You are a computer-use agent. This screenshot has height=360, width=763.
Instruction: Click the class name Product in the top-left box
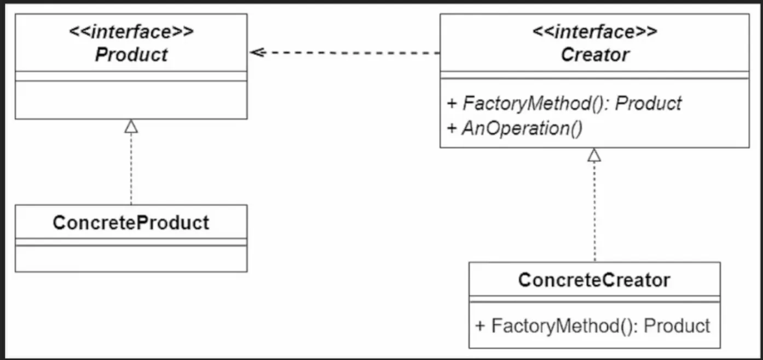(x=131, y=55)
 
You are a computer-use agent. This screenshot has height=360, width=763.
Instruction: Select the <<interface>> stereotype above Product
(x=131, y=32)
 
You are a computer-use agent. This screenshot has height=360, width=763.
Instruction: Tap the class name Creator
(x=595, y=55)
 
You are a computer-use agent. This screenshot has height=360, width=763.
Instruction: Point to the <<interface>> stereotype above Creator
(x=595, y=32)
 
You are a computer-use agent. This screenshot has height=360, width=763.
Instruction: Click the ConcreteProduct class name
(x=131, y=223)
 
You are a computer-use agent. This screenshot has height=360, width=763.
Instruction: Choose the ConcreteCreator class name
(x=594, y=280)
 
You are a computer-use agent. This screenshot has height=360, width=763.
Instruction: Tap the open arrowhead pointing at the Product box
(x=256, y=53)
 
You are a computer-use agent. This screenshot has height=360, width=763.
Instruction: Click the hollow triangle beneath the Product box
(x=131, y=126)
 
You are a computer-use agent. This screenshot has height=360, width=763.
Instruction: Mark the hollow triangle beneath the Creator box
(x=594, y=155)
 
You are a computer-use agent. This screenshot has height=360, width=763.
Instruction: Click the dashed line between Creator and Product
(x=350, y=53)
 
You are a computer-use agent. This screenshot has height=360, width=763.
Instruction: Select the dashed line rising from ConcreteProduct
(x=131, y=170)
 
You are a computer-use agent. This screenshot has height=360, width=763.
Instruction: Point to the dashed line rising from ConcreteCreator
(x=594, y=213)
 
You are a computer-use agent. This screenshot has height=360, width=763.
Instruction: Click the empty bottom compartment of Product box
(x=131, y=100)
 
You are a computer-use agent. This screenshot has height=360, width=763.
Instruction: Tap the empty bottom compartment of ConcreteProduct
(x=131, y=259)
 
